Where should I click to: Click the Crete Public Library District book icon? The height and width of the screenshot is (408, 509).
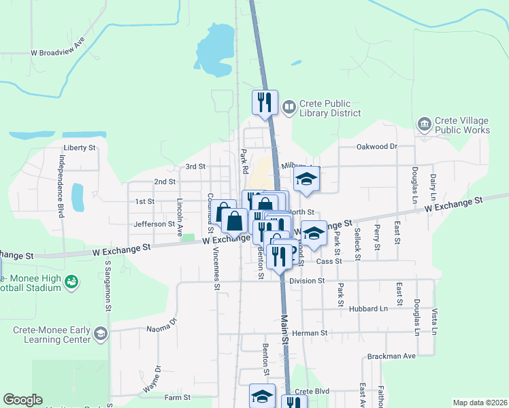coord(289,107)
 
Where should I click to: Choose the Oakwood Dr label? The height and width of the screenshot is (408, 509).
coord(376,146)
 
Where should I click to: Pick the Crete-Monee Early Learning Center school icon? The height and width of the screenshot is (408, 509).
coord(101,333)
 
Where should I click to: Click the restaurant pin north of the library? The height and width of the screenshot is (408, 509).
coord(264,102)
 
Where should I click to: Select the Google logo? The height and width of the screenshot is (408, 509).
coord(22,400)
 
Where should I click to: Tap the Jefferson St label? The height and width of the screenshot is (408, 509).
coord(154,224)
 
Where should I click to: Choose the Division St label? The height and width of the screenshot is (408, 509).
coord(308,280)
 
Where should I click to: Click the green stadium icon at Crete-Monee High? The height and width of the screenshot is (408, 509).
coord(71,282)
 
